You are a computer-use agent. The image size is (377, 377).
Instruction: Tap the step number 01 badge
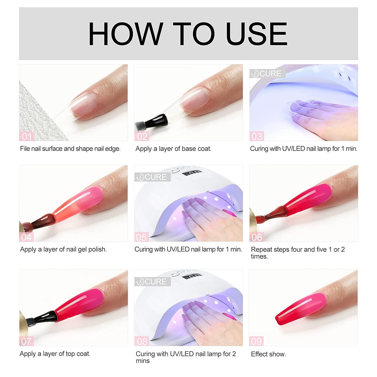click(27, 136)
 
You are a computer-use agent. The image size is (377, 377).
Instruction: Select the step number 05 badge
click(141, 237)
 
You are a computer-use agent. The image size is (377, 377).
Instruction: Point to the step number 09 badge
click(256, 341)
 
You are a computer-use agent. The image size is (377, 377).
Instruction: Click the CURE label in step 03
click(268, 74)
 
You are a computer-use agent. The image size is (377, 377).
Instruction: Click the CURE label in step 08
click(153, 282)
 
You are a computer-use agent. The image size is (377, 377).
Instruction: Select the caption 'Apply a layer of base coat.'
click(173, 149)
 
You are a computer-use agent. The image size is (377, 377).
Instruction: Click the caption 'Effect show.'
click(268, 354)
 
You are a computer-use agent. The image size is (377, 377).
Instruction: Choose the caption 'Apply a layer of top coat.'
click(55, 354)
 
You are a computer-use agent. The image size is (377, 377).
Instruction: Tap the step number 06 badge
click(257, 237)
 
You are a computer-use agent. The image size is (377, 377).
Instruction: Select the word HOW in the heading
click(126, 34)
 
